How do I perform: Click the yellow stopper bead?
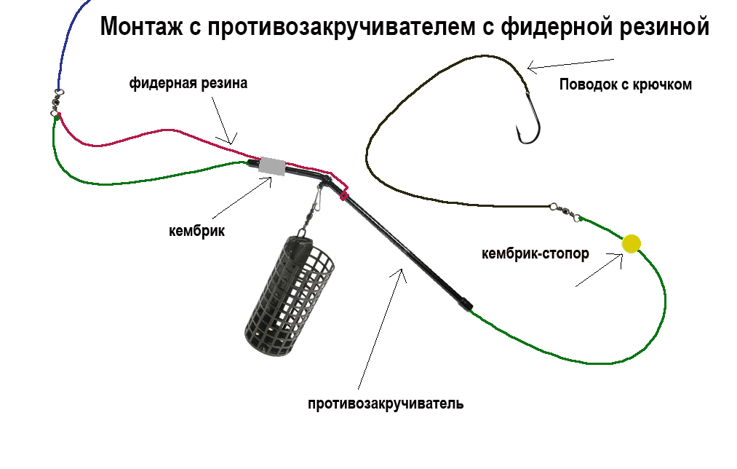point(631,244)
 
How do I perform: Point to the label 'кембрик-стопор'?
point(535,254)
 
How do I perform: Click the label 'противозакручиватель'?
point(385,403)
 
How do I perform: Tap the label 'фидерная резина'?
point(188,84)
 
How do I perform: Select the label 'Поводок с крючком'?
point(625,84)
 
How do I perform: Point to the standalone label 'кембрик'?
point(196,231)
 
